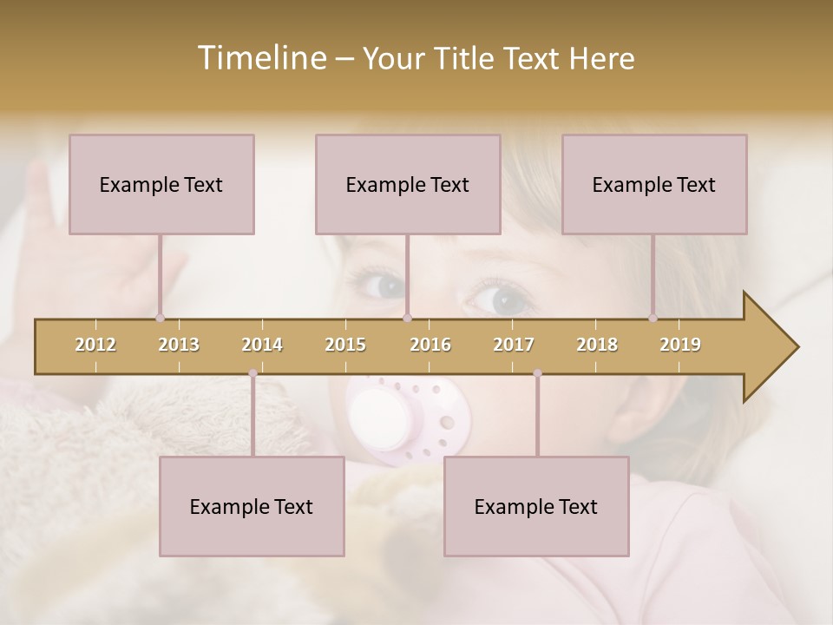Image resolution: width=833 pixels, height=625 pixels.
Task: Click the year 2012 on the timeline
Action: [x=95, y=345]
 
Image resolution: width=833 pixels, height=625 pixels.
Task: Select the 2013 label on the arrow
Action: [x=179, y=345]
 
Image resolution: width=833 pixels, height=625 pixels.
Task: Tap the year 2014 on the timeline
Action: [x=262, y=345]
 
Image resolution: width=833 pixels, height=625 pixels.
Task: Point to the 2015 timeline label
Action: [x=345, y=345]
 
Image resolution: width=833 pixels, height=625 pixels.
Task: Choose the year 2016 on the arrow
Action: [x=430, y=345]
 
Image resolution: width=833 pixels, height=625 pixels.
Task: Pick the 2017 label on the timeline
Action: [x=514, y=345]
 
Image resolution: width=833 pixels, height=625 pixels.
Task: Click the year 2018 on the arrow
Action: [x=597, y=345]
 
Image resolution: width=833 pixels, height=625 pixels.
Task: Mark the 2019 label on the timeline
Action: [x=680, y=345]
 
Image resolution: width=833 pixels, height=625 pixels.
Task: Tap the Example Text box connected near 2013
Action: [x=161, y=184]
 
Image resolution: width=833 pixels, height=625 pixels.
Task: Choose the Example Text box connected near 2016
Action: [x=408, y=184]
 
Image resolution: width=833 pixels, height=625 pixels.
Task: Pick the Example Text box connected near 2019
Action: [x=654, y=184]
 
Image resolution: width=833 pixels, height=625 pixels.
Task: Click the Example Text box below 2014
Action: [x=252, y=506]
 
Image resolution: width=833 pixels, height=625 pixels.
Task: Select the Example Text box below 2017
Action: [x=536, y=506]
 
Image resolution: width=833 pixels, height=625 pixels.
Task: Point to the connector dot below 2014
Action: [x=253, y=373]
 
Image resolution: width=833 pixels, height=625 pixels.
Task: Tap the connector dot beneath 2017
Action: [x=537, y=373]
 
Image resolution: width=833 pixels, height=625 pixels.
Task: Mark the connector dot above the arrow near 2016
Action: [x=407, y=318]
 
